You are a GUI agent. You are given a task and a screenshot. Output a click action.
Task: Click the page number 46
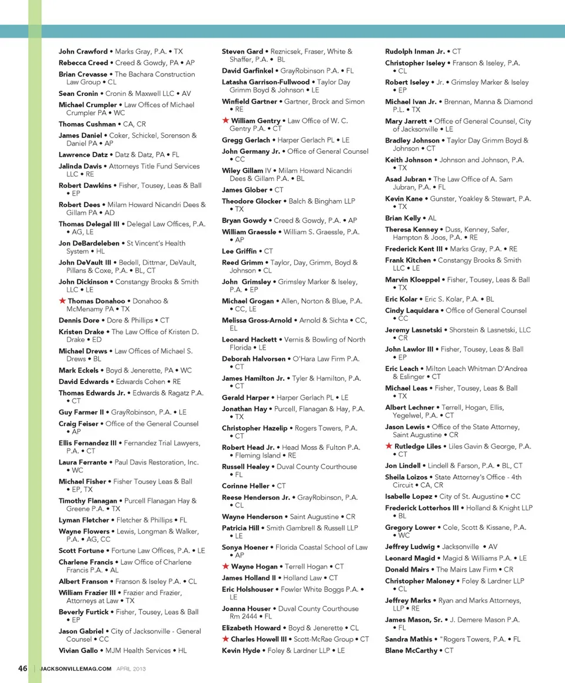pyautogui.click(x=23, y=668)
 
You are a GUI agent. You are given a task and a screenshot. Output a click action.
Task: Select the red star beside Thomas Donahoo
pyautogui.click(x=62, y=301)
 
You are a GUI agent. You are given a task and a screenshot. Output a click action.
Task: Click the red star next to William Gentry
pyautogui.click(x=225, y=121)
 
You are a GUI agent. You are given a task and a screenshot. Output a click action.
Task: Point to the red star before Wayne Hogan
pyautogui.click(x=225, y=566)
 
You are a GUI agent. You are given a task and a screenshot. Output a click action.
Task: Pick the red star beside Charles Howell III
pyautogui.click(x=225, y=639)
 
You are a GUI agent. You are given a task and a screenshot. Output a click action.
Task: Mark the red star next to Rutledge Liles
pyautogui.click(x=388, y=446)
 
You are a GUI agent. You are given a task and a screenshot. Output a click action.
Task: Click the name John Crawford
pyautogui.click(x=83, y=52)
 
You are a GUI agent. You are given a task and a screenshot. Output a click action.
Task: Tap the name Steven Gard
pyautogui.click(x=242, y=52)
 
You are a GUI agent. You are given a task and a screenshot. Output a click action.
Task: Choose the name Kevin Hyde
pyautogui.click(x=241, y=651)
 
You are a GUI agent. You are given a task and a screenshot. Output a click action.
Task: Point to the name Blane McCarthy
pyautogui.click(x=411, y=651)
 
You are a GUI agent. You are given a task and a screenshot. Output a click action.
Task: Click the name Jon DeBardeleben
pyautogui.click(x=89, y=243)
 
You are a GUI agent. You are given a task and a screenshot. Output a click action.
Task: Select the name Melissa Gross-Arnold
pyautogui.click(x=257, y=320)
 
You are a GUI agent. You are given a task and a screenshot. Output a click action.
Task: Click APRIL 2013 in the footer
pyautogui.click(x=131, y=669)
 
